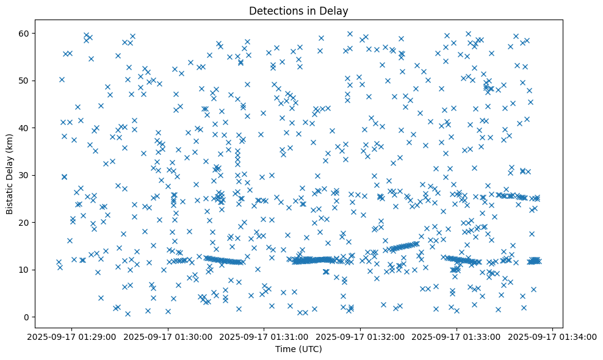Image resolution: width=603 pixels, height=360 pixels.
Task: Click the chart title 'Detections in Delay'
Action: click(298, 10)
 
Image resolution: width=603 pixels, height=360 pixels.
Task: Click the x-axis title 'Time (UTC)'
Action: click(298, 350)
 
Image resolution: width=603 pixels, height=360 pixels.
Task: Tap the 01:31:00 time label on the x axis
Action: click(264, 337)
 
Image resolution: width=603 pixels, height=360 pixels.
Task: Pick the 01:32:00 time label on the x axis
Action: click(361, 337)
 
